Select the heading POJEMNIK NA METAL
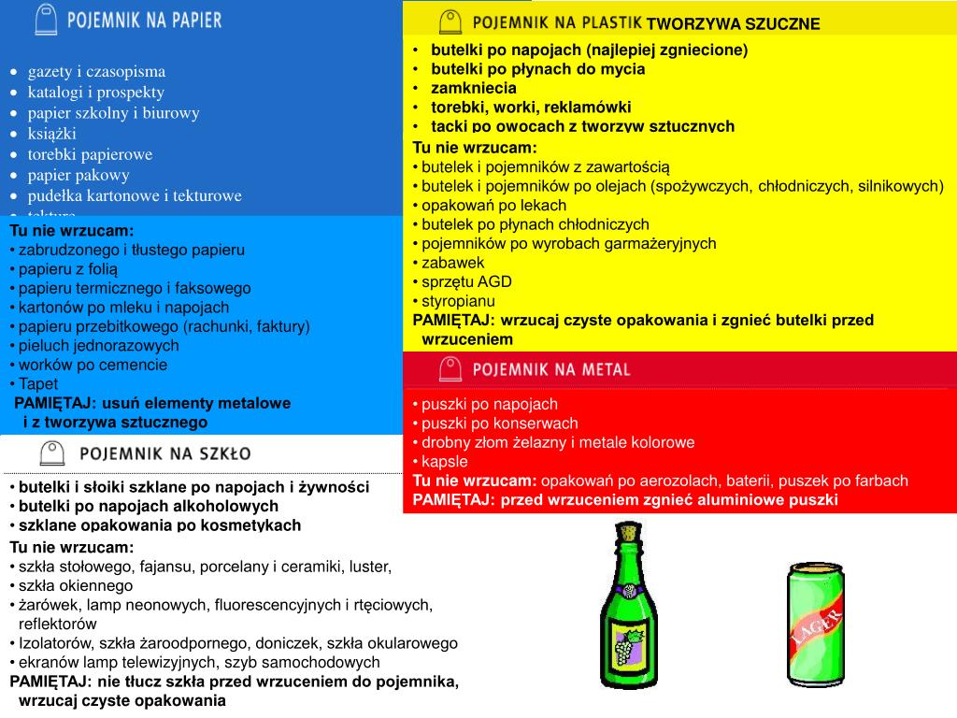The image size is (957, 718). click(x=551, y=369)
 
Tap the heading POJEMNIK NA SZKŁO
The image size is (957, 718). click(x=164, y=454)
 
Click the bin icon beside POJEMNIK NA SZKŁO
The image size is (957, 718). click(x=51, y=454)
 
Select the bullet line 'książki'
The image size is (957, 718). click(x=52, y=133)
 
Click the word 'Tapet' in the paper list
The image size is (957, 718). click(x=38, y=383)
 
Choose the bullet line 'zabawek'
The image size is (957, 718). click(x=453, y=263)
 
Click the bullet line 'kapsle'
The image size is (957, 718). click(x=444, y=461)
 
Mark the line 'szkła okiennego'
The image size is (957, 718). click(x=76, y=585)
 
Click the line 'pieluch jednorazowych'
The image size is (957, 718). click(x=99, y=345)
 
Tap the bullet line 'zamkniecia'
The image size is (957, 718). click(x=473, y=88)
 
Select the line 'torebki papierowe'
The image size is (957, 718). click(x=90, y=154)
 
